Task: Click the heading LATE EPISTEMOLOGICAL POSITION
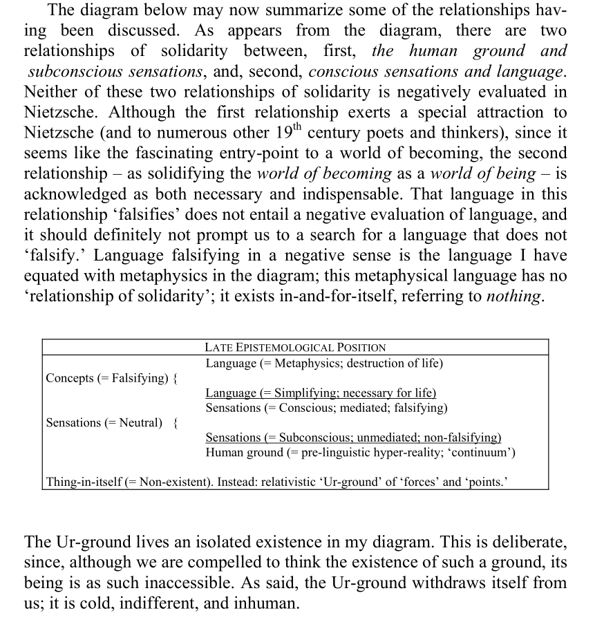click(x=295, y=348)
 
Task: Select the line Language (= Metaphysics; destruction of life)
click(x=323, y=363)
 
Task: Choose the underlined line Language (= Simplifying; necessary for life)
click(x=321, y=393)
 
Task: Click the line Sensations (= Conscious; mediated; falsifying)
click(x=326, y=408)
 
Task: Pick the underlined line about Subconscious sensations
click(x=353, y=437)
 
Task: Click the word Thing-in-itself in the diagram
click(x=84, y=481)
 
